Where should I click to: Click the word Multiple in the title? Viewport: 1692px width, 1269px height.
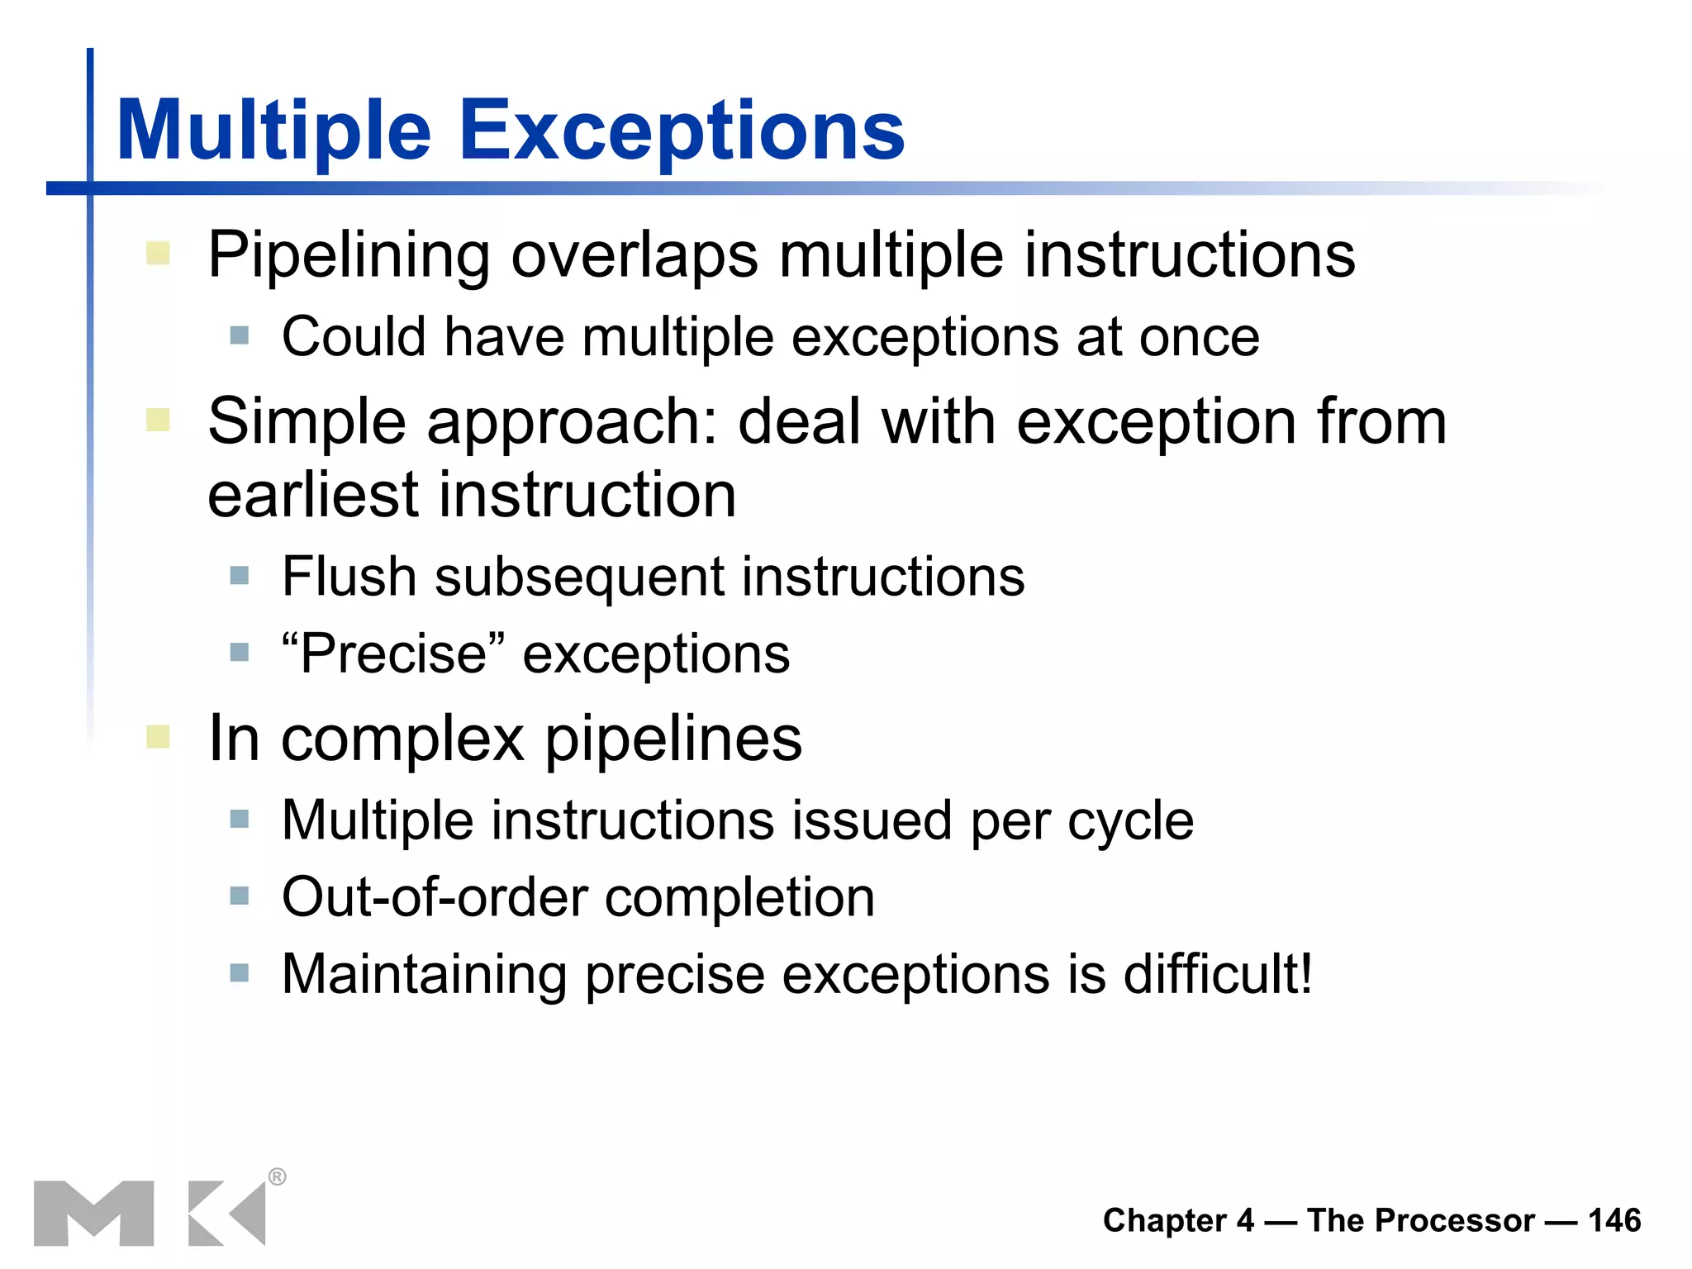coord(273,131)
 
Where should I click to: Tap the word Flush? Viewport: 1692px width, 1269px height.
coord(349,576)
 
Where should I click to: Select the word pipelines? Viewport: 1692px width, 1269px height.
coord(673,739)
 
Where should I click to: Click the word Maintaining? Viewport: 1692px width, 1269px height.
coord(424,974)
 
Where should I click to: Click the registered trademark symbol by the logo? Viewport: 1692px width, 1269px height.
coord(278,1176)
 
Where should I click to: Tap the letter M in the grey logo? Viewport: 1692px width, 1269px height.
coord(93,1213)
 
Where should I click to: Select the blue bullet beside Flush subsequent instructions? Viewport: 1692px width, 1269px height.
coord(240,575)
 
